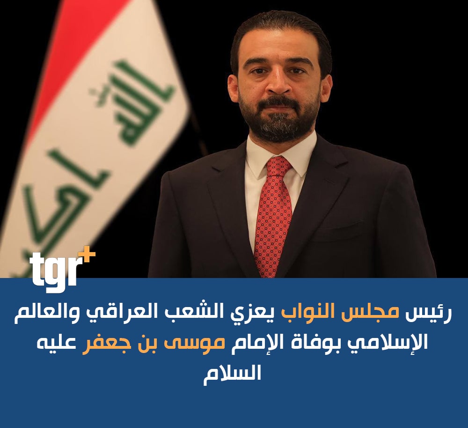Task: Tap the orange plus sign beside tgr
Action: tap(87, 255)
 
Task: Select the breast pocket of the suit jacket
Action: tap(340, 230)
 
